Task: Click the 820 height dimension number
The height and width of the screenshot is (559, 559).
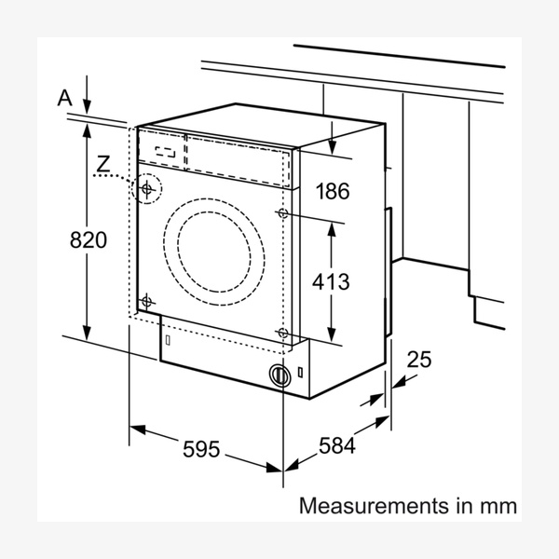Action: [89, 239]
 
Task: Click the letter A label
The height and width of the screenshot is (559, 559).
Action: [64, 97]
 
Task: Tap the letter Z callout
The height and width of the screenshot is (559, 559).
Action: [103, 165]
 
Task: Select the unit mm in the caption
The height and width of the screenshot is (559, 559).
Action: [497, 507]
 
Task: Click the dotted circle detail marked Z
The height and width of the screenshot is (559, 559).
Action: [147, 189]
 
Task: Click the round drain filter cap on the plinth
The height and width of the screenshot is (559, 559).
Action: [278, 375]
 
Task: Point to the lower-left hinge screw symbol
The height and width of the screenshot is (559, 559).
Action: [146, 300]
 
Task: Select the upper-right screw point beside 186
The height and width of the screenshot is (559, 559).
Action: [282, 214]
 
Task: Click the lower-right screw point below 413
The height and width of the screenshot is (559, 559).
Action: [282, 333]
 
